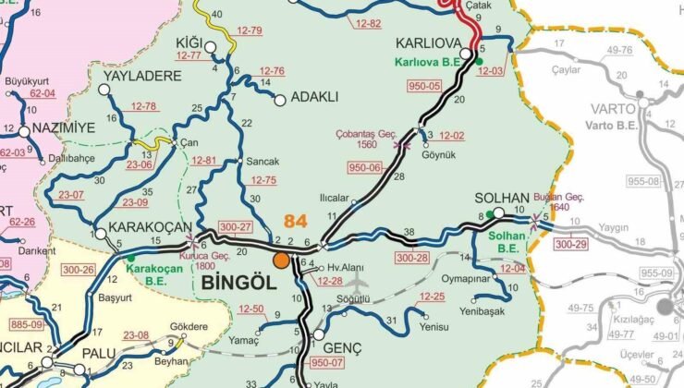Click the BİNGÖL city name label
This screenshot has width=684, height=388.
pos(238,283)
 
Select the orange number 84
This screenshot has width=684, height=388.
pos(296,222)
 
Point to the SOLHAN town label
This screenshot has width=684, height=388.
pos(501,199)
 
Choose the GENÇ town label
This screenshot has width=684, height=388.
pos(341,348)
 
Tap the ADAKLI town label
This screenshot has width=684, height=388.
pos(314,96)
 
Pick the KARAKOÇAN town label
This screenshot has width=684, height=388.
pos(150,227)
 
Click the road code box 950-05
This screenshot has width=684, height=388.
pos(424,86)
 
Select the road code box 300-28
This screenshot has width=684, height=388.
pos(412,257)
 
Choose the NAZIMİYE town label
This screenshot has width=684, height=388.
pos(63,128)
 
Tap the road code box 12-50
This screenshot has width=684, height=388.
pos(250,309)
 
